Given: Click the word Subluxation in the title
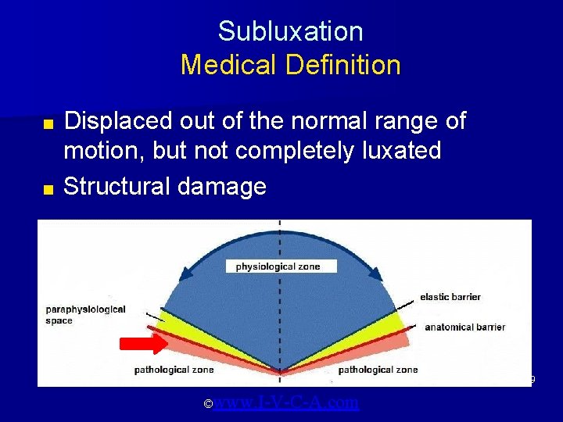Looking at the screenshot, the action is click(290, 31).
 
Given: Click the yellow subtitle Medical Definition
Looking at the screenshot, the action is click(290, 65).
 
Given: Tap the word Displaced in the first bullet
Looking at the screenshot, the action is click(117, 121).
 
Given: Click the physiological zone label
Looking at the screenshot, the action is click(278, 266).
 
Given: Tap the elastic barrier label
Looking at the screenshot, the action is click(450, 297).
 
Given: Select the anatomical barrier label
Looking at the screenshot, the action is click(464, 327).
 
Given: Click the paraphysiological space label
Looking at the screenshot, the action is click(85, 315).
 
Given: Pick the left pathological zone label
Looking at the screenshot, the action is click(174, 370).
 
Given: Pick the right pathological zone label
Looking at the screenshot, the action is click(378, 370).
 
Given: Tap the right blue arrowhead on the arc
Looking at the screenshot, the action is click(375, 274).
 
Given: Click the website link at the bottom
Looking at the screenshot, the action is click(286, 402).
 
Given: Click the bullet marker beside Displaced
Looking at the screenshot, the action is click(48, 124).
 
